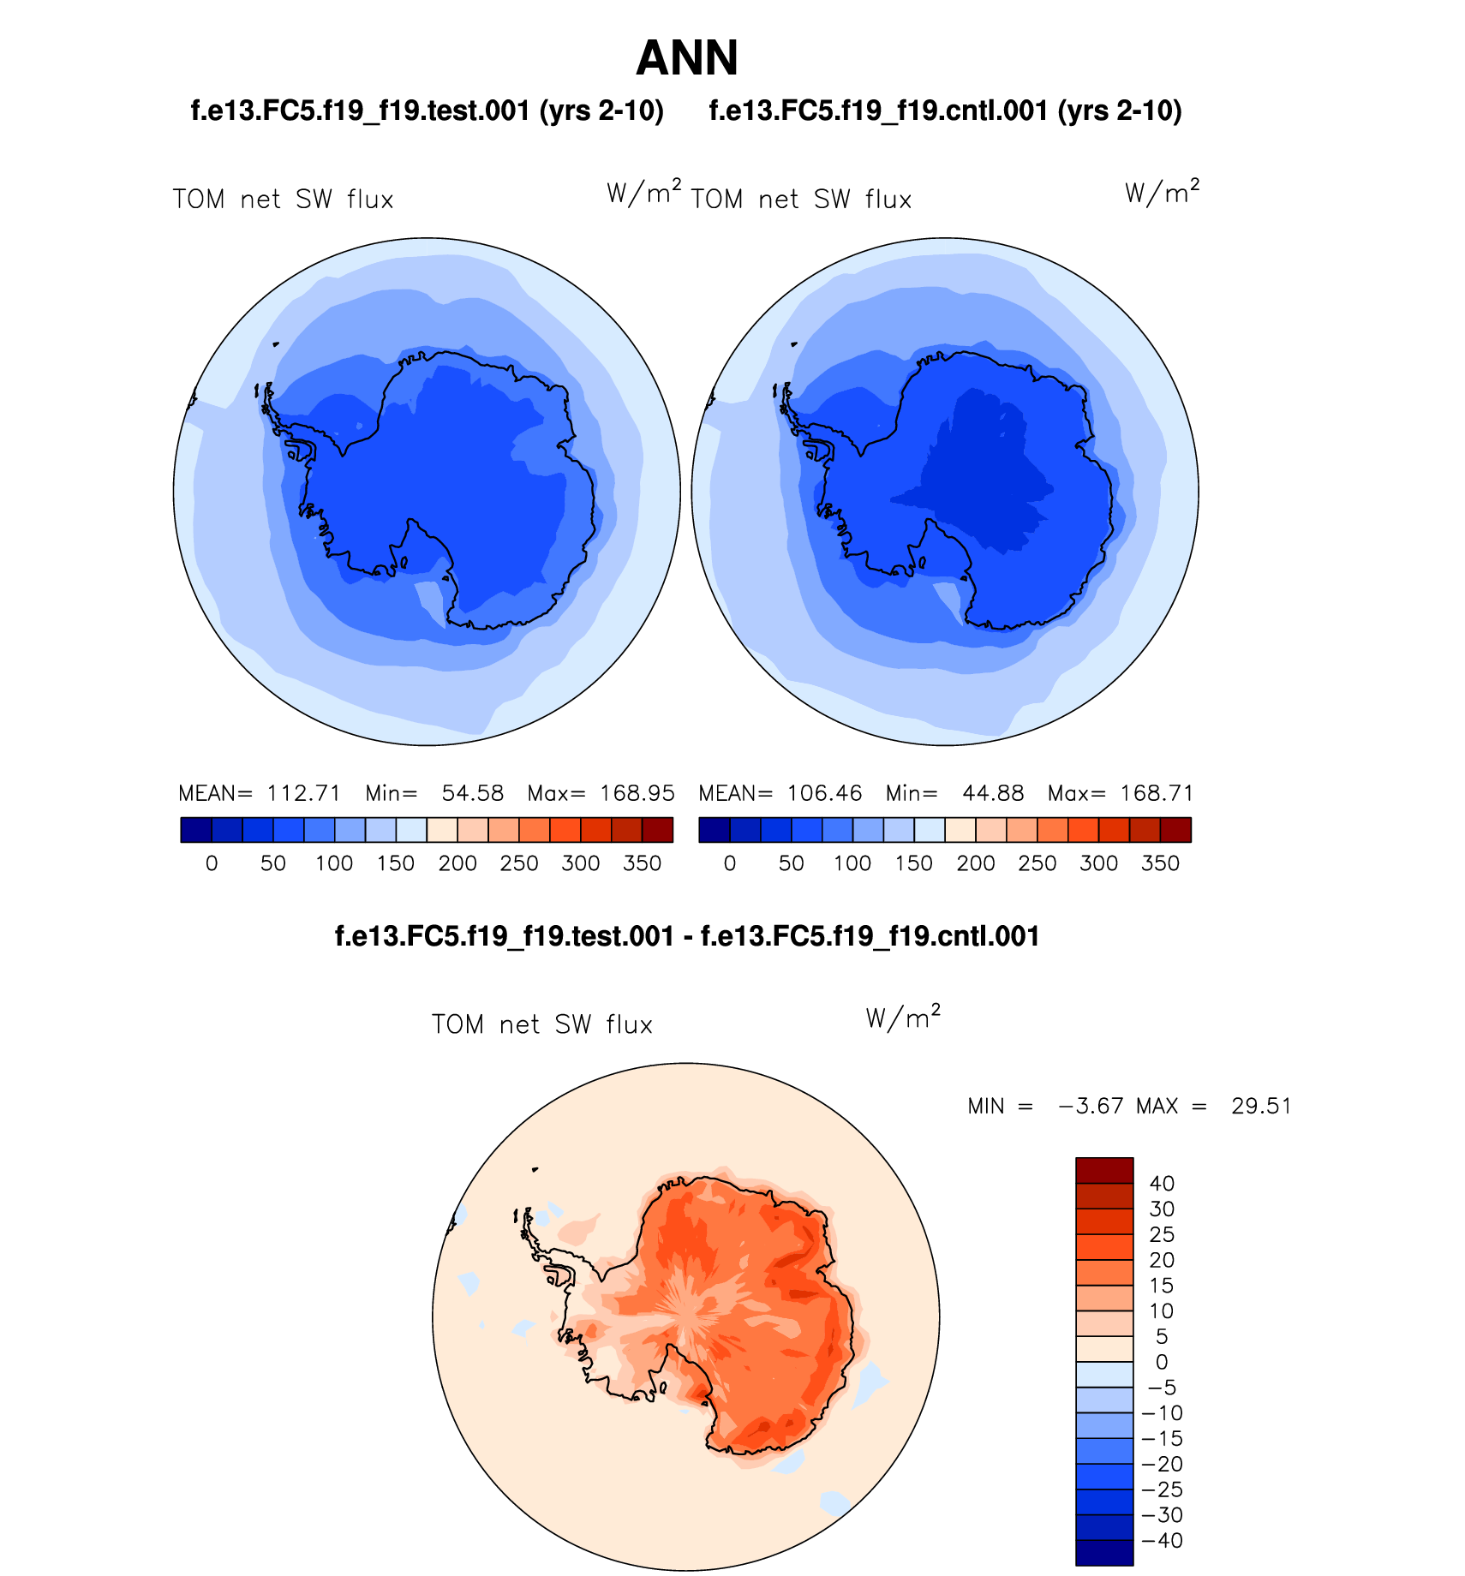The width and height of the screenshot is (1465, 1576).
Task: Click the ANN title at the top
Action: point(687,58)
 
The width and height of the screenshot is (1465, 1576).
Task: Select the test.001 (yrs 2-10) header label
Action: point(427,110)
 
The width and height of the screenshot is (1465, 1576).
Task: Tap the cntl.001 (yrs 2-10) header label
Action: point(945,110)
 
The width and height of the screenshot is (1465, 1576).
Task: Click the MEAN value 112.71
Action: point(304,793)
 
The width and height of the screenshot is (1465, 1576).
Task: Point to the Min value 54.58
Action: point(472,793)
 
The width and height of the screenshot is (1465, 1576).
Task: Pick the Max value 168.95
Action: point(637,793)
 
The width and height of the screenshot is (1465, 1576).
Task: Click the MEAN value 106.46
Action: point(824,793)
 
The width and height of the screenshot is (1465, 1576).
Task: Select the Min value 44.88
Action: point(993,793)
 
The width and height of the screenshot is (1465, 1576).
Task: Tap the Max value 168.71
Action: point(1157,793)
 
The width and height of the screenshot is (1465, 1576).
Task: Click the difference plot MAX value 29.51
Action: point(1261,1106)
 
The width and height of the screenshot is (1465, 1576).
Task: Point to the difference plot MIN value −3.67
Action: point(1091,1106)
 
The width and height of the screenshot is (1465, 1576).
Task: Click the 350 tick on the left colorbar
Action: point(643,863)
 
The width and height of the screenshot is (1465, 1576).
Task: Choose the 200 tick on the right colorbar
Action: point(976,863)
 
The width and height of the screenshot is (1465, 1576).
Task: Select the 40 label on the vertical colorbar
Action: point(1162,1184)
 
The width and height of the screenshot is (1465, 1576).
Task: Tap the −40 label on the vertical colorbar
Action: point(1163,1540)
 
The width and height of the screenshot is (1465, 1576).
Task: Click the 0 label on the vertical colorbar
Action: point(1162,1362)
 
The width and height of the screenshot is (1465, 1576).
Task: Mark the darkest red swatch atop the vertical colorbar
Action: point(1104,1170)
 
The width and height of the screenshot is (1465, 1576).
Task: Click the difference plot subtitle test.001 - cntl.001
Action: point(687,936)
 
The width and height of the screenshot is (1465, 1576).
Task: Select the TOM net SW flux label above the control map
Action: point(801,200)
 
